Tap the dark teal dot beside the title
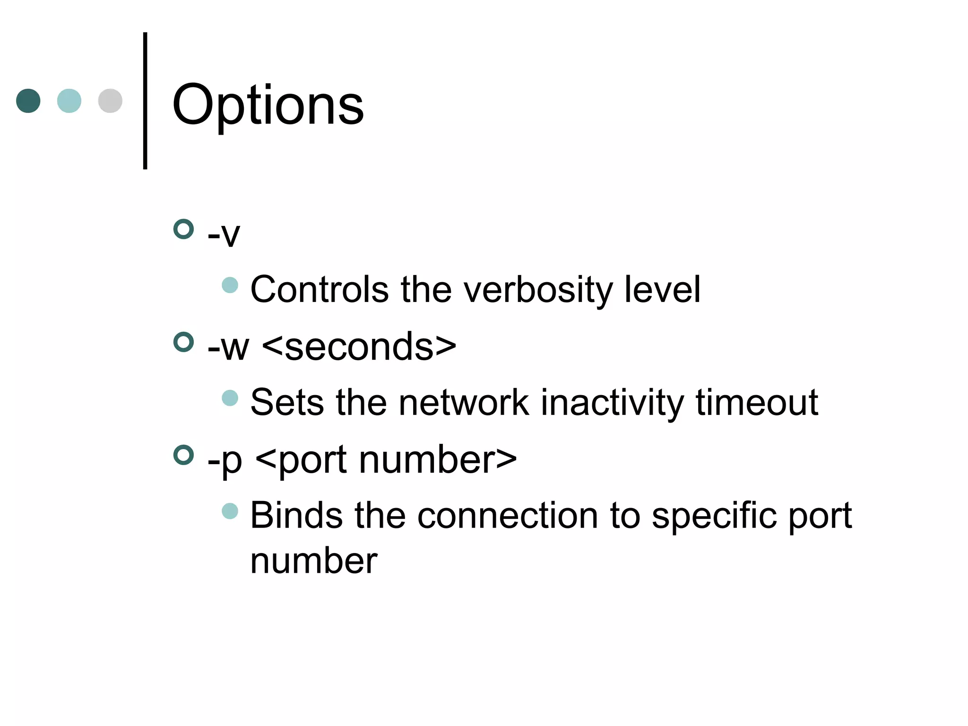pos(28,101)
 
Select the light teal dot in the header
pos(69,101)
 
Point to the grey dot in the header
pos(110,101)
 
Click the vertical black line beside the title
pos(145,100)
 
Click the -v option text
pos(224,234)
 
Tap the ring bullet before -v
pos(184,229)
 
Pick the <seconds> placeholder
pos(359,346)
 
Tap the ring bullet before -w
pos(184,342)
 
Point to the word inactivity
pos(612,403)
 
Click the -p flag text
pos(225,460)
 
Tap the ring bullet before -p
pos(184,455)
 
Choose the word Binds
pos(296,515)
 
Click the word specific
pos(714,516)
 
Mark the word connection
pos(507,515)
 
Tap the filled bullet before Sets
pos(230,398)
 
